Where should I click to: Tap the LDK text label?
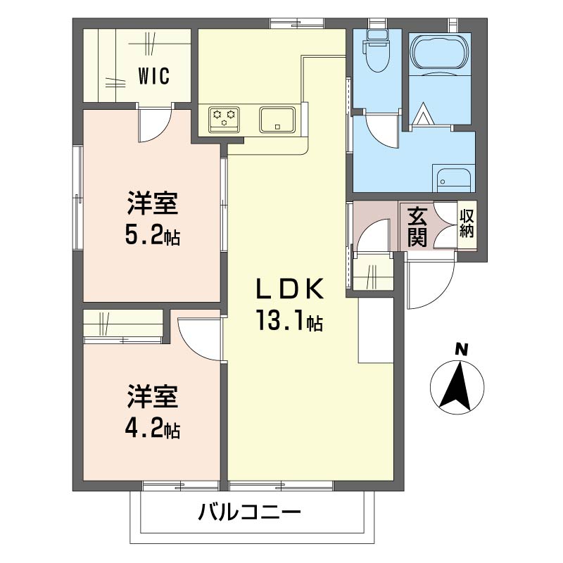click(289, 290)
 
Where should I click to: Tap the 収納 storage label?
click(467, 224)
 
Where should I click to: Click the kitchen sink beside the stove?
click(278, 118)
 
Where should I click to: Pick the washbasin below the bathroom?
click(453, 179)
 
